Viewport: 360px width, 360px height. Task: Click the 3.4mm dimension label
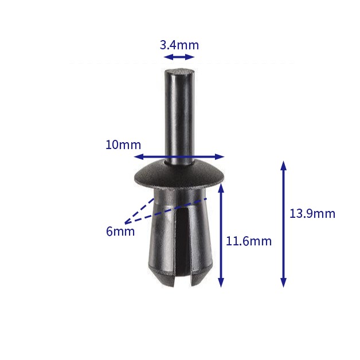pos(179,45)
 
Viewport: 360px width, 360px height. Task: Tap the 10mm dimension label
pos(123,144)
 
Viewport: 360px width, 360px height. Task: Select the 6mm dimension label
pos(120,231)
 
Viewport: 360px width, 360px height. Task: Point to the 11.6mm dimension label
pos(248,241)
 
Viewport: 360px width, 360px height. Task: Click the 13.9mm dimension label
pos(312,214)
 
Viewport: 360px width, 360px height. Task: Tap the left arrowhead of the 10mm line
pos(138,156)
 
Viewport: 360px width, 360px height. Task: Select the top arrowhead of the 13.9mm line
pos(283,166)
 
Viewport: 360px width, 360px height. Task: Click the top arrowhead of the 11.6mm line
pos(221,187)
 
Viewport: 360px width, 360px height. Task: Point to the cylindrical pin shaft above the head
pos(179,120)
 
